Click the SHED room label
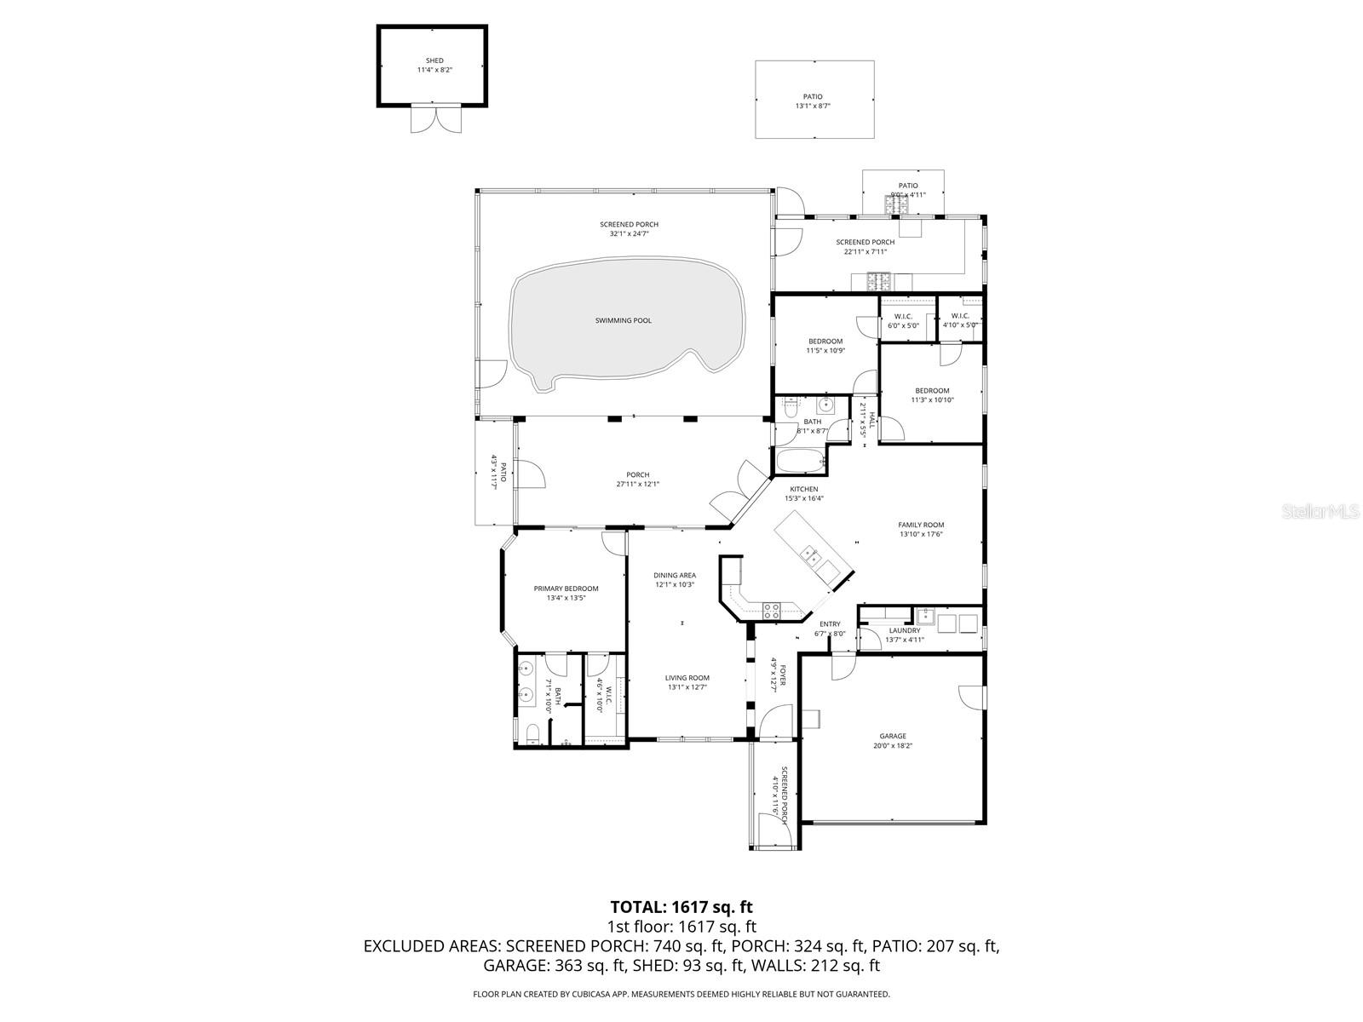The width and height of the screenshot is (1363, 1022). [x=434, y=61]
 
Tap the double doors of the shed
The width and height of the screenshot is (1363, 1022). [x=434, y=118]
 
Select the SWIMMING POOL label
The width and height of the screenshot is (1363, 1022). [x=623, y=321]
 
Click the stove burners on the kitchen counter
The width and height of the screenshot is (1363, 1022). [x=771, y=610]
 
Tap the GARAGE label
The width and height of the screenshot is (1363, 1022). [x=893, y=737]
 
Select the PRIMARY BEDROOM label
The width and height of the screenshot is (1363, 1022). [x=566, y=589]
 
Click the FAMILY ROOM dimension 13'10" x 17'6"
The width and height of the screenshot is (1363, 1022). [x=921, y=535]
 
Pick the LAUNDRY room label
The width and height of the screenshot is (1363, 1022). [x=905, y=630]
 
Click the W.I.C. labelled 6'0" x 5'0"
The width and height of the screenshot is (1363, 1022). [x=904, y=325]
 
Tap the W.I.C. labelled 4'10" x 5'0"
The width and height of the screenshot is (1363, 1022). [x=960, y=325]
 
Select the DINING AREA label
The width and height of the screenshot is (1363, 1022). [x=675, y=576]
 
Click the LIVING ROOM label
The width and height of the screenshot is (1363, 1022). [x=687, y=678]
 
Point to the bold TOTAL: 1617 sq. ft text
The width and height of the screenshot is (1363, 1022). [x=681, y=907]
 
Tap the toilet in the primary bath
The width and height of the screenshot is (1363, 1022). [x=532, y=733]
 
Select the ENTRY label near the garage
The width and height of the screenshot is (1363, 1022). [x=830, y=624]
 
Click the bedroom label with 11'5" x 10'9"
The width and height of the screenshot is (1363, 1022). [x=825, y=342]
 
